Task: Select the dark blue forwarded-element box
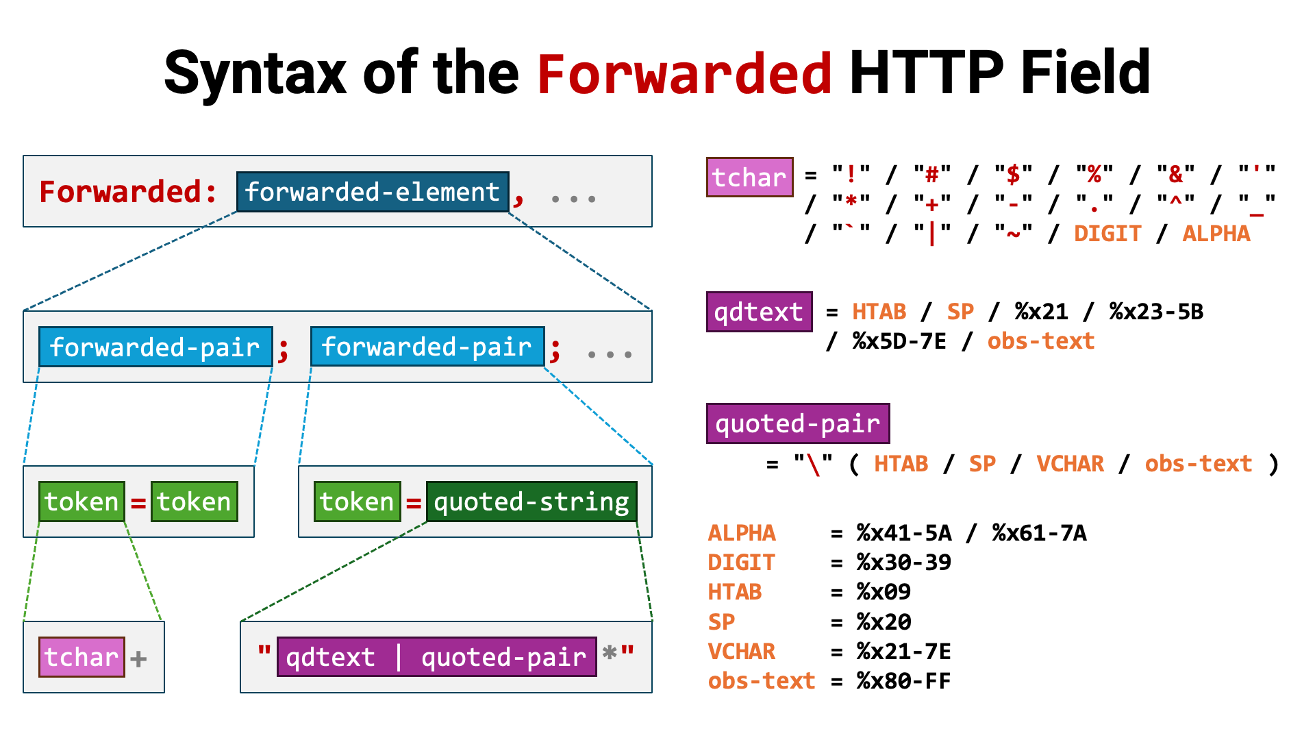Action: [373, 192]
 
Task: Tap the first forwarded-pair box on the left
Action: [155, 347]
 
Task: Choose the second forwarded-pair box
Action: [427, 347]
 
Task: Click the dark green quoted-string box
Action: [531, 502]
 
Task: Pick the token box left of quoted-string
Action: [357, 502]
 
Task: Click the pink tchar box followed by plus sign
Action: [82, 657]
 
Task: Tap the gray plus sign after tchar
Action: [138, 659]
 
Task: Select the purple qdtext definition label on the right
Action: [759, 312]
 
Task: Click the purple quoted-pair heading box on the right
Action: [798, 423]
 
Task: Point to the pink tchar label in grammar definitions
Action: [749, 177]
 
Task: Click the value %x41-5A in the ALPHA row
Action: [903, 533]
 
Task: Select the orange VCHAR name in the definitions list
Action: [741, 652]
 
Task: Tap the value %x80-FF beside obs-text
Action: [903, 681]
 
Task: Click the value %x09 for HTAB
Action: [884, 592]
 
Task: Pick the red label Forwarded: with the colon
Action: [128, 192]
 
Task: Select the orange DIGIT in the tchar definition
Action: [1107, 234]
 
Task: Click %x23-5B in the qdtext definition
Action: [1156, 312]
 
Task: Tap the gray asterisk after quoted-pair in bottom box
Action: [609, 654]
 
